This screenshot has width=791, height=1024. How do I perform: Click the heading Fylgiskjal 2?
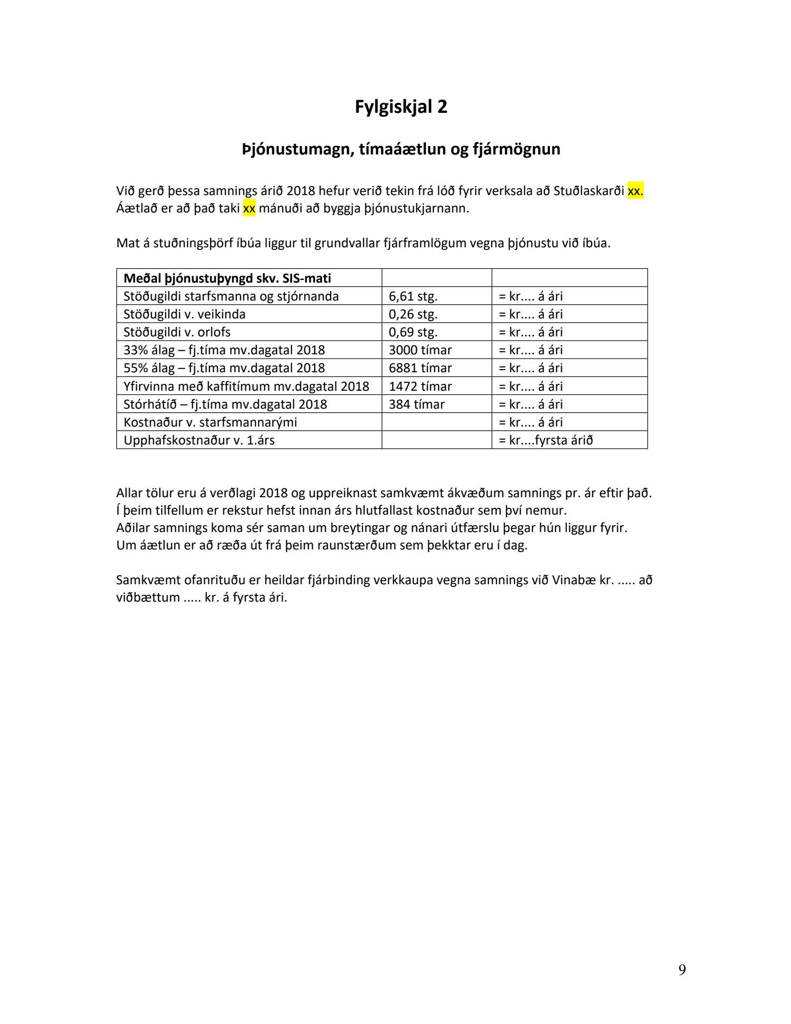pyautogui.click(x=401, y=107)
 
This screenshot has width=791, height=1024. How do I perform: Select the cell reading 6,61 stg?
pyautogui.click(x=413, y=296)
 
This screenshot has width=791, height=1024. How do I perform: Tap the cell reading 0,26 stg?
pyautogui.click(x=413, y=314)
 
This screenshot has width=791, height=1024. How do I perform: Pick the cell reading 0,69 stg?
pyautogui.click(x=413, y=332)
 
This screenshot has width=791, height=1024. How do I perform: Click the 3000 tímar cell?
pyautogui.click(x=420, y=350)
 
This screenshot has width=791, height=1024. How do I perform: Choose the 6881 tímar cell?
pyautogui.click(x=420, y=368)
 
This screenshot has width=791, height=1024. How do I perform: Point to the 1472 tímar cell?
pyautogui.click(x=420, y=387)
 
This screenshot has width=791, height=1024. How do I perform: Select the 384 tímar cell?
pyautogui.click(x=417, y=404)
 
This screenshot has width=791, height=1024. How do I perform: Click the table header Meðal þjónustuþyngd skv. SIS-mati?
pyautogui.click(x=227, y=278)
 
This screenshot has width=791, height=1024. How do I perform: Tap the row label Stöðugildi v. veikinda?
pyautogui.click(x=184, y=314)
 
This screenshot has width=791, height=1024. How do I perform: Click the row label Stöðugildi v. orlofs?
pyautogui.click(x=177, y=332)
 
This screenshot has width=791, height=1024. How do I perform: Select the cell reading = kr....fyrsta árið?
pyautogui.click(x=545, y=440)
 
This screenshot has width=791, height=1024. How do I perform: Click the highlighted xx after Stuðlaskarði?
pyautogui.click(x=635, y=191)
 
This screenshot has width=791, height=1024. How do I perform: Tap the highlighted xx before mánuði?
pyautogui.click(x=249, y=208)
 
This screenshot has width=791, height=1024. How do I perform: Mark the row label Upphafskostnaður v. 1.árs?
pyautogui.click(x=199, y=440)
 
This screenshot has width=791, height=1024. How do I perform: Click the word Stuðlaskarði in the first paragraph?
pyautogui.click(x=589, y=191)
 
